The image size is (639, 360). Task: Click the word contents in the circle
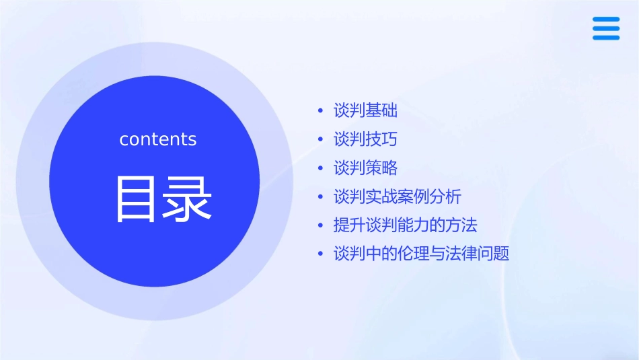coord(158,139)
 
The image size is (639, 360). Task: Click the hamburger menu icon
coord(606,29)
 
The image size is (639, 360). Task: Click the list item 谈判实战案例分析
coord(398,197)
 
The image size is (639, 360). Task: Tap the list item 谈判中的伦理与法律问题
coord(422,254)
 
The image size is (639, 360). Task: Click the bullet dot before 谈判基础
coord(321,110)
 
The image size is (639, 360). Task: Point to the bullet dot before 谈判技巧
coord(321,140)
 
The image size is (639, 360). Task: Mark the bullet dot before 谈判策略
coord(321,169)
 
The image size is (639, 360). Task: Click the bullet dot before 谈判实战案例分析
coord(321,198)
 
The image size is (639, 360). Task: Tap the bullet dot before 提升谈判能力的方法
coord(321,226)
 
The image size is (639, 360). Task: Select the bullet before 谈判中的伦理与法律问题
coord(321,255)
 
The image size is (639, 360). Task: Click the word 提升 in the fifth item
coord(350,225)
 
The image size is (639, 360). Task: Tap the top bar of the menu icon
coord(606,20)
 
